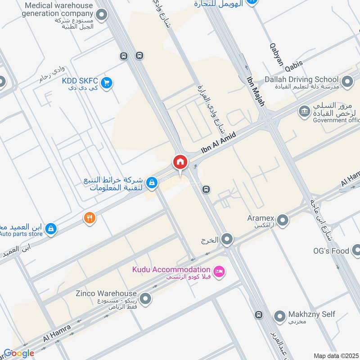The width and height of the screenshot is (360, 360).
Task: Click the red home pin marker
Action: [180, 162]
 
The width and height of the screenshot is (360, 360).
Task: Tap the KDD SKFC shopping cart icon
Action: [107, 83]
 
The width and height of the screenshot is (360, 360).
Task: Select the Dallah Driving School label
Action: [301, 79]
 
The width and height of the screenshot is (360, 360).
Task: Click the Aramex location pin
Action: [283, 220]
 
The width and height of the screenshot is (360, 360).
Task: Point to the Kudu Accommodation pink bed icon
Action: [219, 272]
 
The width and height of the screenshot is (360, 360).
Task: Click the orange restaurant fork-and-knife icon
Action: [90, 218]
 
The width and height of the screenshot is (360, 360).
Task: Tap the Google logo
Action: [19, 353]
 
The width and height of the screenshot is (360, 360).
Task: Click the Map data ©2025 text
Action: [336, 355]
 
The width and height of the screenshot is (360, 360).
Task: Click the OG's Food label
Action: [331, 251]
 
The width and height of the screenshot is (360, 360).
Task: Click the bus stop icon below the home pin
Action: [206, 189]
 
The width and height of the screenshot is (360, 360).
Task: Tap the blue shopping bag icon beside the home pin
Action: [153, 182]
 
